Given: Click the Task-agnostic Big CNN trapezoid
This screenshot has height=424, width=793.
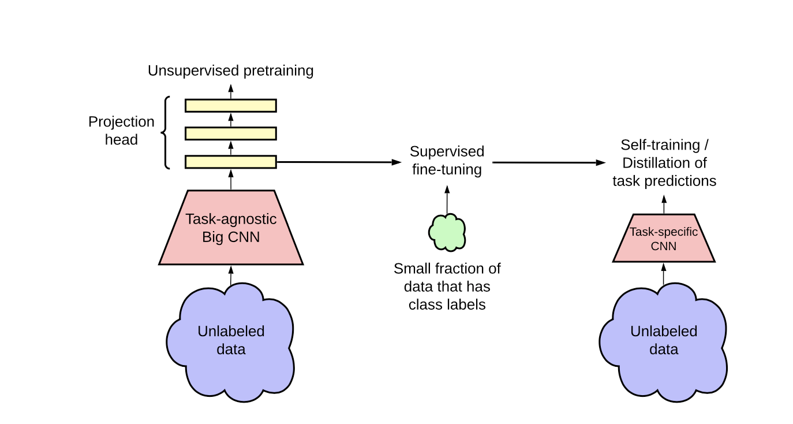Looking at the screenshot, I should point(231,228).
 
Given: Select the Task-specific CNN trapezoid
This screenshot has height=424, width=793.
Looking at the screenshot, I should point(664,239).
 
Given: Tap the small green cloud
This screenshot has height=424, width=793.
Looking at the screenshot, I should point(447,232).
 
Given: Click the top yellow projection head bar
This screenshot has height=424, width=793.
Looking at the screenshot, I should point(231,105).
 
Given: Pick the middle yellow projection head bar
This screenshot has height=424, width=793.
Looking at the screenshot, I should point(231,133).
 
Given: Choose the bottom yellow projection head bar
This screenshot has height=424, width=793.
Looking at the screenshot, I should point(231,162).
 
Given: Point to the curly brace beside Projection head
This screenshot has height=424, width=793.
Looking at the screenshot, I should point(166,133).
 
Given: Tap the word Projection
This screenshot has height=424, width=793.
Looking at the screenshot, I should point(121,122).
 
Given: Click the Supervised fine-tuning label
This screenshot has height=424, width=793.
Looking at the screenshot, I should point(447,161).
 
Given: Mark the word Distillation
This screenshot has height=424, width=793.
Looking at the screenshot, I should point(664,163).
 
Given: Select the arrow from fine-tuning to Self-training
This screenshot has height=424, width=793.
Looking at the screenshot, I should point(548,163).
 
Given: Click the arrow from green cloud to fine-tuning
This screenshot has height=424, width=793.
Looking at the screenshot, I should point(447,200).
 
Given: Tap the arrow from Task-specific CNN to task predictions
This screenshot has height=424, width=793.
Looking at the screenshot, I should point(664,204).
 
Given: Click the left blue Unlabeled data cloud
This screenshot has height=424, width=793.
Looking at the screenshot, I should point(231,341).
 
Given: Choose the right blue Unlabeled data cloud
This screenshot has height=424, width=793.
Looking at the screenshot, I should point(664,341).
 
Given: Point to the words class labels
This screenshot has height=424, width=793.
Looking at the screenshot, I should point(447,304).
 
